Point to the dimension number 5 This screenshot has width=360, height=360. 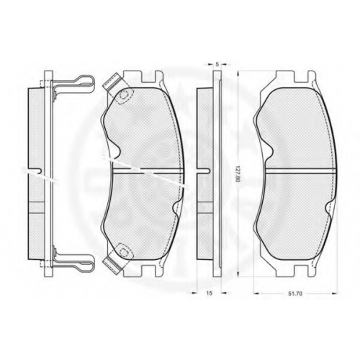click(x=217, y=64)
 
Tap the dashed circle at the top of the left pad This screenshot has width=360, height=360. click(x=124, y=95)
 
